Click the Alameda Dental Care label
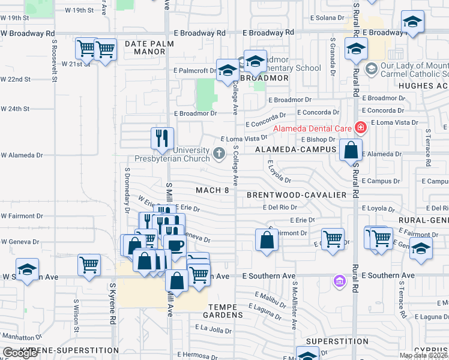click(312, 128)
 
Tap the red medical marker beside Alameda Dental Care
click(360, 127)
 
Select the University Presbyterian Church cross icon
click(219, 154)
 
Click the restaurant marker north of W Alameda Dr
click(162, 139)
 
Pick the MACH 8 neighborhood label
click(212, 190)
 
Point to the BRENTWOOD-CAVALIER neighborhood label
click(297, 195)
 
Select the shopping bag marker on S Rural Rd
click(351, 150)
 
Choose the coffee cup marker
click(175, 246)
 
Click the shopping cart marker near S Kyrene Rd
click(89, 265)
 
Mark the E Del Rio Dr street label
click(280, 208)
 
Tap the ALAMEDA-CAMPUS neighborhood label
click(291, 149)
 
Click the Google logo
click(20, 353)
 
